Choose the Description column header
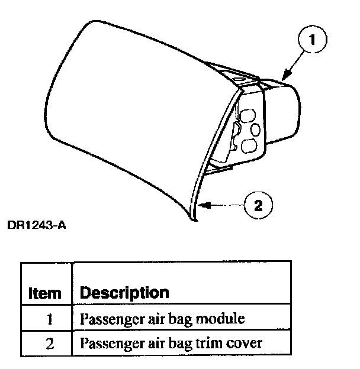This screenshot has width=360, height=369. (124, 292)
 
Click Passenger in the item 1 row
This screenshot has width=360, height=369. (105, 319)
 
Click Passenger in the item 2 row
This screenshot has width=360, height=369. (105, 342)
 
